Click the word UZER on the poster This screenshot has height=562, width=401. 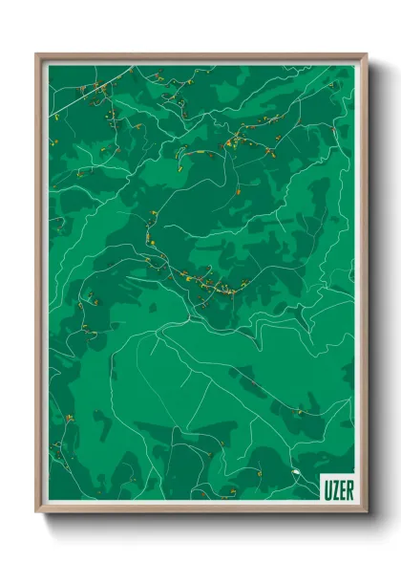click(x=336, y=483)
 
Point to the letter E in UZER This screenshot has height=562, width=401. click(x=340, y=483)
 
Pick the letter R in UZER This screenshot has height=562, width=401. click(x=348, y=483)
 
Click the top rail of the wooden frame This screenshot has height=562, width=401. click(x=200, y=55)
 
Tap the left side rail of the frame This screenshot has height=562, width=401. click(x=39, y=287)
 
